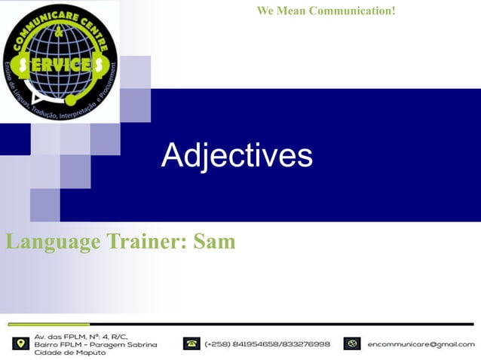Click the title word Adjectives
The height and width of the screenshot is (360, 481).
237,155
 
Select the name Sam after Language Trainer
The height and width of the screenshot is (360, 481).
215,242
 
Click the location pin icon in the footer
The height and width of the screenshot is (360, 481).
20,343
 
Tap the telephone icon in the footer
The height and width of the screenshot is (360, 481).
191,343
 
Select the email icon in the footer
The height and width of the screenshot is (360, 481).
351,343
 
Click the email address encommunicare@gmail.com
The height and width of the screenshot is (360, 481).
421,344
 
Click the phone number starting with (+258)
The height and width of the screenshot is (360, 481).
267,344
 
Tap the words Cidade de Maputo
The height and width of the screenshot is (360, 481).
70,352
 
